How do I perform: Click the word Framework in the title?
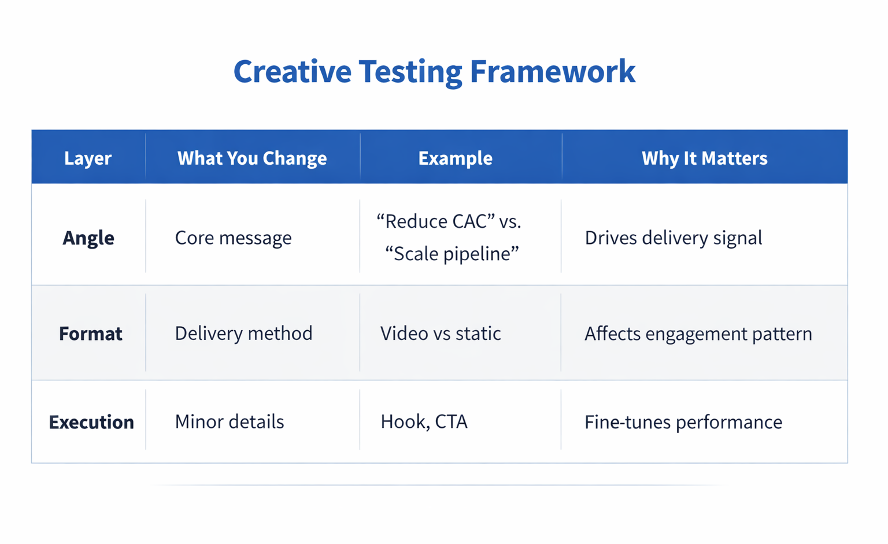click(552, 72)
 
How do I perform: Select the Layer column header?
click(88, 158)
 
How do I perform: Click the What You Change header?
click(252, 158)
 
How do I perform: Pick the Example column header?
click(455, 158)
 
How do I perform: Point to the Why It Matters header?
click(704, 158)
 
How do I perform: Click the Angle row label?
click(88, 238)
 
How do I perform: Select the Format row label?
click(91, 334)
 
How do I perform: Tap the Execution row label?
click(91, 422)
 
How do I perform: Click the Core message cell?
click(233, 238)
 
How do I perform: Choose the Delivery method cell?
click(243, 333)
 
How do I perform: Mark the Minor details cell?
click(230, 421)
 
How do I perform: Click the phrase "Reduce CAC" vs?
click(449, 221)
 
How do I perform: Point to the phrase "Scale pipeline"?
click(452, 253)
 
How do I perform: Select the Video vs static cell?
click(441, 333)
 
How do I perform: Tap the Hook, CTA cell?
click(424, 421)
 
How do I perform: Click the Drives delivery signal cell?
click(673, 238)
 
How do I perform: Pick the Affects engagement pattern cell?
click(698, 334)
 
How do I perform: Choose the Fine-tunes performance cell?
click(683, 422)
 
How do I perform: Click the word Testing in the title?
click(410, 72)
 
